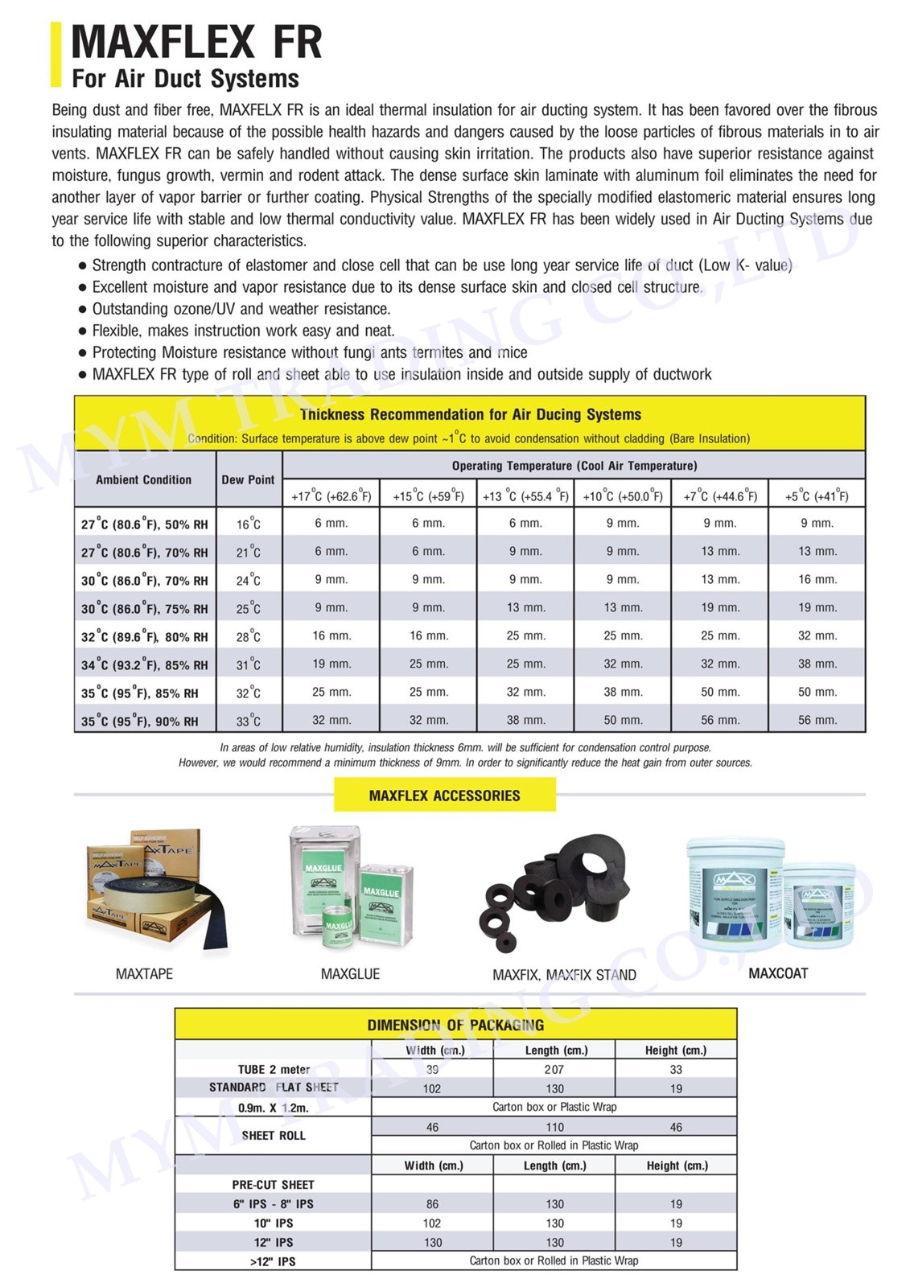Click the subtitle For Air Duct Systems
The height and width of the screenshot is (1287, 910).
point(185,79)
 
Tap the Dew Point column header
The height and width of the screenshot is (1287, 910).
point(248,479)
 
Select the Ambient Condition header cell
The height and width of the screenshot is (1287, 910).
point(144,479)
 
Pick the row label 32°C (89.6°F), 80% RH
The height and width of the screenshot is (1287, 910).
point(144,636)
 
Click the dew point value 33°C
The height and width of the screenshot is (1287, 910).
point(248,721)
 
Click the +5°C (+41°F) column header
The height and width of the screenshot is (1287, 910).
point(817,495)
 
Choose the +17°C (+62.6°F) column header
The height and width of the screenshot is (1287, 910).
point(331,495)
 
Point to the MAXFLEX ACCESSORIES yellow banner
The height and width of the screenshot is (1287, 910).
point(444,796)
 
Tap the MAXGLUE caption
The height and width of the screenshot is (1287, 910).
point(350,973)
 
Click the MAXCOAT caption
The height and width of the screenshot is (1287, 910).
point(778,973)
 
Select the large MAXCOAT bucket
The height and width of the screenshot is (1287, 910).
point(735,893)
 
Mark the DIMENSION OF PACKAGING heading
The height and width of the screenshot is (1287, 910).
point(455,1025)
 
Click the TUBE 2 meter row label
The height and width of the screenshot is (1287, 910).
point(274,1069)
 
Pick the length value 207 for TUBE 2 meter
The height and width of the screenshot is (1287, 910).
point(554,1069)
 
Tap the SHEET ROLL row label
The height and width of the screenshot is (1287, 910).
point(274,1135)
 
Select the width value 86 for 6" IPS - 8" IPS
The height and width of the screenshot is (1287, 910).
point(432,1204)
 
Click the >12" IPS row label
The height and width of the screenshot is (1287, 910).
point(274,1261)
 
